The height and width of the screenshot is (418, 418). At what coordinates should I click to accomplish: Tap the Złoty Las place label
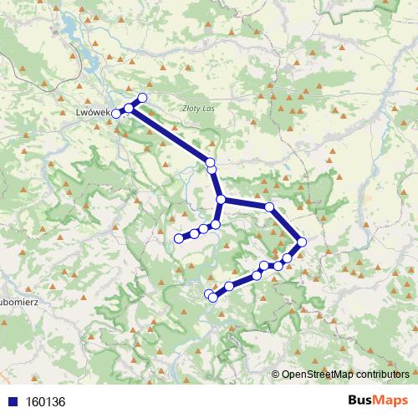[x=197, y=108]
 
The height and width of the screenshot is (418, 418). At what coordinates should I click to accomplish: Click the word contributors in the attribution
[x=381, y=375]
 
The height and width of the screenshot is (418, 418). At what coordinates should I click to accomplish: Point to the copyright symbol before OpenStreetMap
[x=276, y=375]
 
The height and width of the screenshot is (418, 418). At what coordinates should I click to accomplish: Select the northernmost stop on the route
[x=142, y=99]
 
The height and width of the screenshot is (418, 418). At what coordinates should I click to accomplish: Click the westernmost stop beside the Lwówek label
[x=116, y=113]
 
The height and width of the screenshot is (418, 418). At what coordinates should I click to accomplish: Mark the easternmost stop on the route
[x=302, y=242]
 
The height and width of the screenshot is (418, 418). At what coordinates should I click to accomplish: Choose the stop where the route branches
[x=222, y=200]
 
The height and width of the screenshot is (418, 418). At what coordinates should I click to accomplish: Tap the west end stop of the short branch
[x=178, y=239]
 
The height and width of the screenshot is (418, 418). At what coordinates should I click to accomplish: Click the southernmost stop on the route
[x=212, y=297]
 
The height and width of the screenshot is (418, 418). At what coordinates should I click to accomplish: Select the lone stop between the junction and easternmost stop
[x=269, y=206]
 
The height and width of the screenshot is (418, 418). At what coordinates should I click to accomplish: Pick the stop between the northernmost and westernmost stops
[x=129, y=108]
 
